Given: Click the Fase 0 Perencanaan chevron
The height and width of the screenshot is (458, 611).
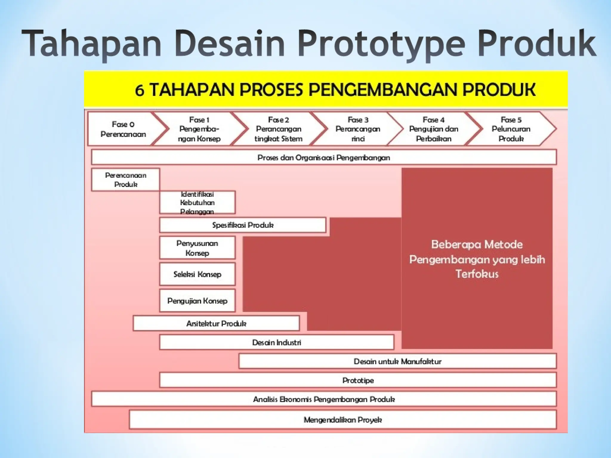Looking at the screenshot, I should click(x=123, y=129).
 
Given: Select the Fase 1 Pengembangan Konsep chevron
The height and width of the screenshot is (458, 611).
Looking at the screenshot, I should click(x=199, y=129).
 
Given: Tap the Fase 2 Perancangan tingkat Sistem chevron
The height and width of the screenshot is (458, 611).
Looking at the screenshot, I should click(x=278, y=129).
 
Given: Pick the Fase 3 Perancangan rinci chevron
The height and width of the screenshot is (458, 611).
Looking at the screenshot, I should click(x=358, y=129).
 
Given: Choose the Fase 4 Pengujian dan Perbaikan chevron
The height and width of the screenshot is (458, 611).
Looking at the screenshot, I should click(x=433, y=129).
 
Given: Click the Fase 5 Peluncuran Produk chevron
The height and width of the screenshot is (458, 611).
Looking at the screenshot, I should click(x=511, y=129).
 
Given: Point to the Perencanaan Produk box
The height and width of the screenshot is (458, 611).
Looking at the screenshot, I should click(x=126, y=180).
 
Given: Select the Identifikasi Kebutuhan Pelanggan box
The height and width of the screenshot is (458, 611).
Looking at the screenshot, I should click(x=197, y=202).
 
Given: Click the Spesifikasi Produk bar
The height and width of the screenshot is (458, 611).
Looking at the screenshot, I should click(x=243, y=225).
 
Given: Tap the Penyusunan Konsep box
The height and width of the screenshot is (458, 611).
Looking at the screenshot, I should click(x=197, y=248).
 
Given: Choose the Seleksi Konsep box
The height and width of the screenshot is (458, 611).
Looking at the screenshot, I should click(x=197, y=274).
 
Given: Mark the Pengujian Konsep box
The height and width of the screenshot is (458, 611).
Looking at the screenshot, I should click(x=197, y=301).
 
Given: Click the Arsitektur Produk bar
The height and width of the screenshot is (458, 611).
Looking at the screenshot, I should click(x=216, y=324).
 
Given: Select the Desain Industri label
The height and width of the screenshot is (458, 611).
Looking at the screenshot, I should click(x=277, y=342).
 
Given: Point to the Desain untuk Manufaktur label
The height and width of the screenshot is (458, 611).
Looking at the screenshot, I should click(x=397, y=361).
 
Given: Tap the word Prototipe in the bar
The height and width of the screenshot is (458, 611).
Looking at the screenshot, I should click(x=358, y=380).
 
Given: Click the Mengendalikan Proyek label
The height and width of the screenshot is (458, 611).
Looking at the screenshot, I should click(x=343, y=420).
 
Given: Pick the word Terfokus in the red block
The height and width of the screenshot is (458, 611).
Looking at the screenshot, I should click(x=477, y=274).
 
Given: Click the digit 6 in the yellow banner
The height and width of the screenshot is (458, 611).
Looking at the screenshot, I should click(x=140, y=90).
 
